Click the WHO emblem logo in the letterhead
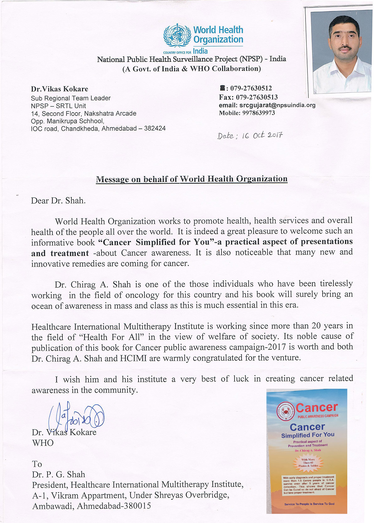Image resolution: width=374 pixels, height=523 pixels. point(177,35)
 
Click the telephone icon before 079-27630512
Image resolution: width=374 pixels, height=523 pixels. point(222,88)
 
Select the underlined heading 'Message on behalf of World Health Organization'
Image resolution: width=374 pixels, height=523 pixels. point(192,179)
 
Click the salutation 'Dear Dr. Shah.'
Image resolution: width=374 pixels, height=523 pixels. point(58,201)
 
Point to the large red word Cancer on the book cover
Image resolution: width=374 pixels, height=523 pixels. point(316,407)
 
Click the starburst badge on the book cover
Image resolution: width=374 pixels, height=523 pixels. point(308,462)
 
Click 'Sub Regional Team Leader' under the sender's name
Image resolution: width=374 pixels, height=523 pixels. point(71,98)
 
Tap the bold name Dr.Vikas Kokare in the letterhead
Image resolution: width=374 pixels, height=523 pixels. point(59,89)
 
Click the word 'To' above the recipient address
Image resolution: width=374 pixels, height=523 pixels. point(37,464)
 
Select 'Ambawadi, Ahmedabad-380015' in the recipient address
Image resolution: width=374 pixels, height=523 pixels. point(91,506)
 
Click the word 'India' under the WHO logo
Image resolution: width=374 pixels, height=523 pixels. point(200,51)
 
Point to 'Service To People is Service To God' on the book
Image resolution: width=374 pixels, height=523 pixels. point(309,504)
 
